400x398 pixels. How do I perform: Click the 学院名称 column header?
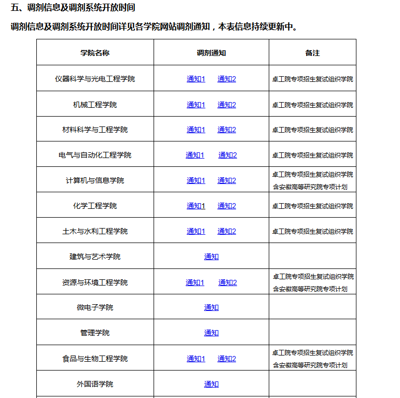point(95,53)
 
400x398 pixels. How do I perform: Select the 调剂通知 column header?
point(211,53)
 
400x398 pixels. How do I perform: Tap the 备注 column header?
point(312,53)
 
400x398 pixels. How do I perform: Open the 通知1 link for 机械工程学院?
point(196,105)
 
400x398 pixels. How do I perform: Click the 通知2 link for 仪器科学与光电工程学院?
point(227,79)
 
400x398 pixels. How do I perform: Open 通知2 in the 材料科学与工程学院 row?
point(227,130)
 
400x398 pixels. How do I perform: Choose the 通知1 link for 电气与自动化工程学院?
point(195,155)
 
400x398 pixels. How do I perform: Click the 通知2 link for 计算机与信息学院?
point(227,180)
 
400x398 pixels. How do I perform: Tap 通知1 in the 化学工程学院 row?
point(196,206)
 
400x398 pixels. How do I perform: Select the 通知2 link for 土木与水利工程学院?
point(227,231)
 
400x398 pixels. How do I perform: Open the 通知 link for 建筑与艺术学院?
point(211,257)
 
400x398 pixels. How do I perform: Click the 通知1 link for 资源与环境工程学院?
point(195,282)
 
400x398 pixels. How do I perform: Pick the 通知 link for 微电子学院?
point(211,307)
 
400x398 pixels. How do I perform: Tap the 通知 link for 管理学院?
point(211,333)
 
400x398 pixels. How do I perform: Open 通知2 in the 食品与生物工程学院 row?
point(227,359)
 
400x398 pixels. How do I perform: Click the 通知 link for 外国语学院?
point(211,384)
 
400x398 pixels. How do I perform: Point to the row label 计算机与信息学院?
point(95,180)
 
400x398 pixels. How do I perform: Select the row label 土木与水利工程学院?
point(95,231)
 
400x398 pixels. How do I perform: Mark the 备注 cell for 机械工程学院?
point(312,105)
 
